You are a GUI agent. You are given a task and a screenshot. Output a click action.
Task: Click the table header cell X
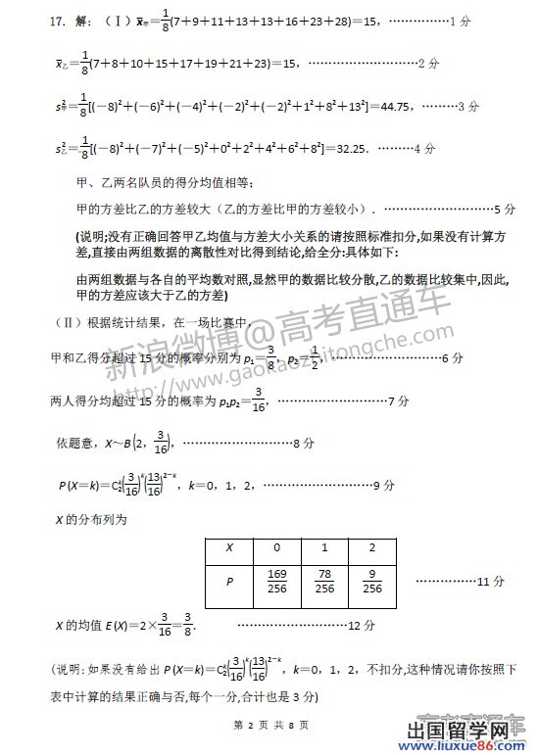click(228, 548)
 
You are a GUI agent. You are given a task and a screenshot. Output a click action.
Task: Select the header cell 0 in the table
click(276, 548)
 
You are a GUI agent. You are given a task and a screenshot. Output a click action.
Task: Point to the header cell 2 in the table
click(372, 548)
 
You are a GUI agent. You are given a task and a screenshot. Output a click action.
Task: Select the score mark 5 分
click(506, 210)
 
